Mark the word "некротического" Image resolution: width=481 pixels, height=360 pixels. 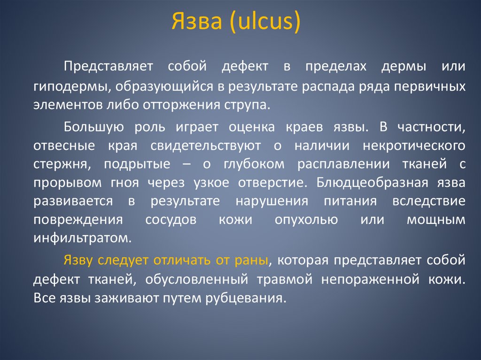point(414,146)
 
